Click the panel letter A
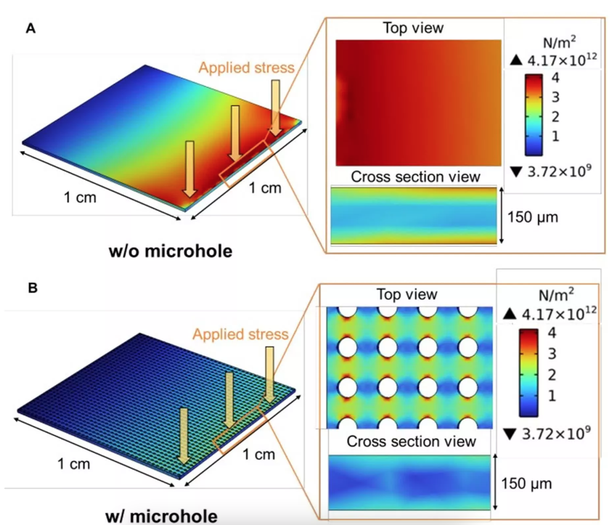(x=31, y=28)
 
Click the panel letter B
(x=33, y=288)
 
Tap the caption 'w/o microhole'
(x=171, y=251)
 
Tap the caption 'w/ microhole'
(x=162, y=516)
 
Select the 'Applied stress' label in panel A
(x=246, y=68)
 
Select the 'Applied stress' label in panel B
(x=241, y=334)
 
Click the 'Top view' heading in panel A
(x=413, y=28)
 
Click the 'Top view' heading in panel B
(x=407, y=295)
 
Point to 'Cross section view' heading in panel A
(x=416, y=177)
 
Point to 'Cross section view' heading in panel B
(x=411, y=441)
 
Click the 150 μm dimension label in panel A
(x=533, y=217)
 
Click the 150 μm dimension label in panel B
(x=527, y=484)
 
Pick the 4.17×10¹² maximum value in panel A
(x=562, y=60)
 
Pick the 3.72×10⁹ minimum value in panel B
(x=556, y=434)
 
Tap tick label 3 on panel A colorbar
(x=555, y=97)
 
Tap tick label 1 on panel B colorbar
(x=552, y=396)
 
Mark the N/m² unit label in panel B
(x=556, y=295)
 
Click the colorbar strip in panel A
(x=534, y=115)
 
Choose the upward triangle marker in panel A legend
(x=516, y=60)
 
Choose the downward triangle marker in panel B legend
(x=510, y=434)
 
